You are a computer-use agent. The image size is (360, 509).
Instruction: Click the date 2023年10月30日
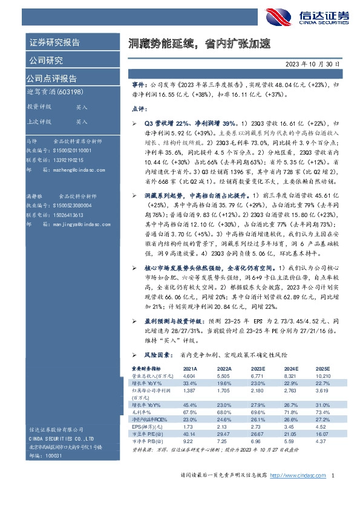(315, 63)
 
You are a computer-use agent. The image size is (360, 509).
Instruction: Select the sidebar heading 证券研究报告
(54, 43)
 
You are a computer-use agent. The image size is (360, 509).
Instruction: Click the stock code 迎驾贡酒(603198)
(50, 91)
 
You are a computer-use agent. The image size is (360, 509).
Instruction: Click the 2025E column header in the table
(321, 368)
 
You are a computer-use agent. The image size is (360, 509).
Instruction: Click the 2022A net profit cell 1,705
(223, 392)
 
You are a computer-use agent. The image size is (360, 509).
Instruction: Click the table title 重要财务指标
(147, 368)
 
